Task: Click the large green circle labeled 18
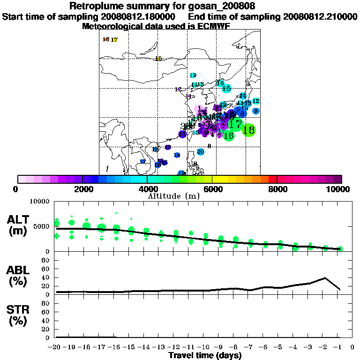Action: click(249, 130)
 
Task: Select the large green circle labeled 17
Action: click(236, 125)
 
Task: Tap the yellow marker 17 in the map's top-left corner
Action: click(114, 40)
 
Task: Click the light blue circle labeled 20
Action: click(201, 152)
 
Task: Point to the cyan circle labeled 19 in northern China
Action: click(193, 75)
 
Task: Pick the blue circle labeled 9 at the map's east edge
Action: click(255, 111)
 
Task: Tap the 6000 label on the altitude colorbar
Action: click(212, 189)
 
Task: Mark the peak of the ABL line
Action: click(325, 278)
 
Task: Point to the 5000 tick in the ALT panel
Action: click(43, 226)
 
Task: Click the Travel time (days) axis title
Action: click(205, 355)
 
